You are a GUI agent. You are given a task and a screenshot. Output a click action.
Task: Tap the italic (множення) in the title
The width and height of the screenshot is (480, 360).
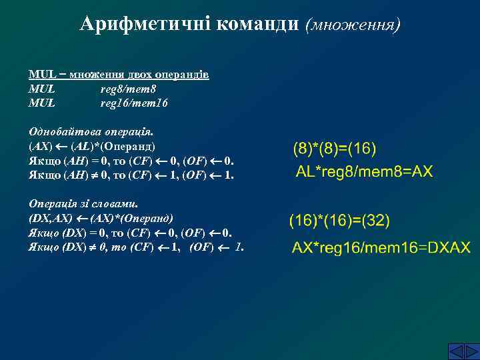(x=353, y=25)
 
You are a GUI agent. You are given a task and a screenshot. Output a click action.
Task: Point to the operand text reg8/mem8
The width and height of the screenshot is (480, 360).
(x=128, y=89)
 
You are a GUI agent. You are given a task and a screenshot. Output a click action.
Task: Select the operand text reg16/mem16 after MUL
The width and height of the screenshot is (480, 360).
(x=134, y=103)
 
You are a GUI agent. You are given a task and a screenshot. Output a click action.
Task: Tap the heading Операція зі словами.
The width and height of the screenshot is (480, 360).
(x=87, y=204)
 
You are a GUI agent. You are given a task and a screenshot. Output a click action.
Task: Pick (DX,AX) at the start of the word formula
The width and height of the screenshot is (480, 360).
(x=51, y=219)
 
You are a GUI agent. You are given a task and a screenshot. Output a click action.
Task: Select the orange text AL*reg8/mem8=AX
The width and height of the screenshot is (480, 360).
(x=364, y=172)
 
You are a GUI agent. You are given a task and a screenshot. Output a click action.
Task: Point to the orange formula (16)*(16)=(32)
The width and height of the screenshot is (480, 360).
(x=339, y=220)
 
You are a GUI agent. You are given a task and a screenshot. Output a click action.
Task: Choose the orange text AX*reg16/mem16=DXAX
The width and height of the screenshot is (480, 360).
(x=381, y=248)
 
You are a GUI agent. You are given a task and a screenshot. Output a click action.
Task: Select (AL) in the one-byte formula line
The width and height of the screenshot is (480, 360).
(x=83, y=147)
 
